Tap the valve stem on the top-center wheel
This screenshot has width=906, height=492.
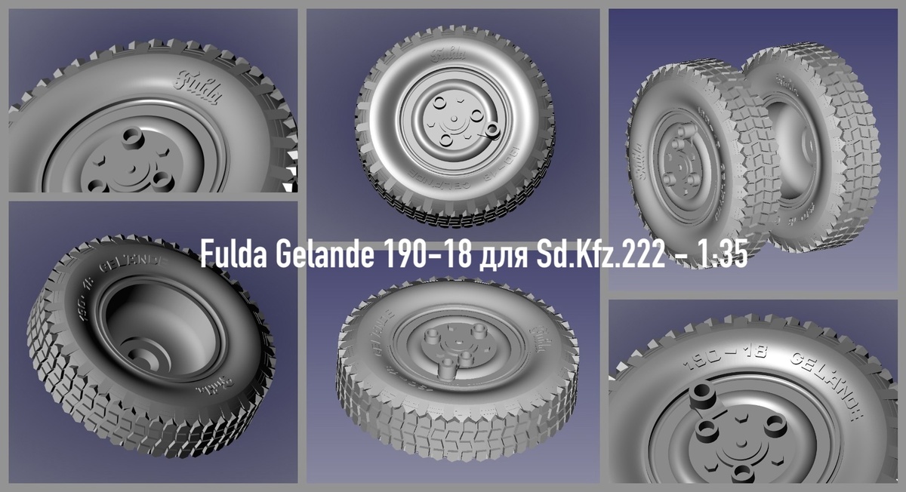click(493, 131)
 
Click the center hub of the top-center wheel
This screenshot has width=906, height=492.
click(454, 119)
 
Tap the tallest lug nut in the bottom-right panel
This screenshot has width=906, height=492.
click(705, 396)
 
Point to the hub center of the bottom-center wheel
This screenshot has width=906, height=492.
click(454, 348)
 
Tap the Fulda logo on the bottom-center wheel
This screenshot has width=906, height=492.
click(542, 336)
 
